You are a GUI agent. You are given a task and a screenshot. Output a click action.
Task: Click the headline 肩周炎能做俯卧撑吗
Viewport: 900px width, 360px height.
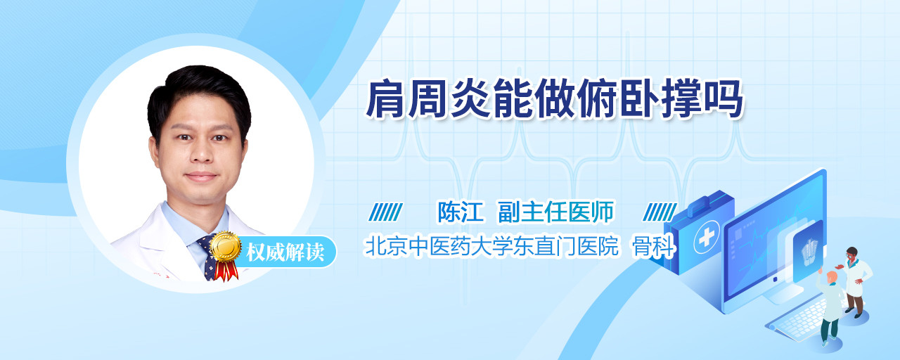coord(555,99)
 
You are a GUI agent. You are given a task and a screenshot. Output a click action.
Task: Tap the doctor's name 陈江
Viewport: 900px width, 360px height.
coord(460,212)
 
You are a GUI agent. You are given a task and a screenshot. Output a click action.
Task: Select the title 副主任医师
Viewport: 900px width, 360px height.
coord(555,212)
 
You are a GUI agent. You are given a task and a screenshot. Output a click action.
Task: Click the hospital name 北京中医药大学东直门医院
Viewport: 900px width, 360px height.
coord(491,246)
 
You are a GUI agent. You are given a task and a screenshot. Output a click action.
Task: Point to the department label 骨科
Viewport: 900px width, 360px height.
coord(654,246)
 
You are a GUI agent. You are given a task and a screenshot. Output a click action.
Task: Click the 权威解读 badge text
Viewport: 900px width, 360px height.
coord(285,252)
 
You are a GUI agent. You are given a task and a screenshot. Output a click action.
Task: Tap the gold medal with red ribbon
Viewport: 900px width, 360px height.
coord(225,255)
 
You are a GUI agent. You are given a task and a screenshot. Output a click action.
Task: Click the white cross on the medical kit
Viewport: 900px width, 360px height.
coord(706,238)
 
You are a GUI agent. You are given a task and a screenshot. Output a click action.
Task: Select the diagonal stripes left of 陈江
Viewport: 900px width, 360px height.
coord(386,212)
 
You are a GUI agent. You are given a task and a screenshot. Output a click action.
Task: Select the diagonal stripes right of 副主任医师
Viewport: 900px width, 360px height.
coord(660,212)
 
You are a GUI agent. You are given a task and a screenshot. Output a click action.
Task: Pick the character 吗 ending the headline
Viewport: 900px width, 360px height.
coord(724,99)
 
